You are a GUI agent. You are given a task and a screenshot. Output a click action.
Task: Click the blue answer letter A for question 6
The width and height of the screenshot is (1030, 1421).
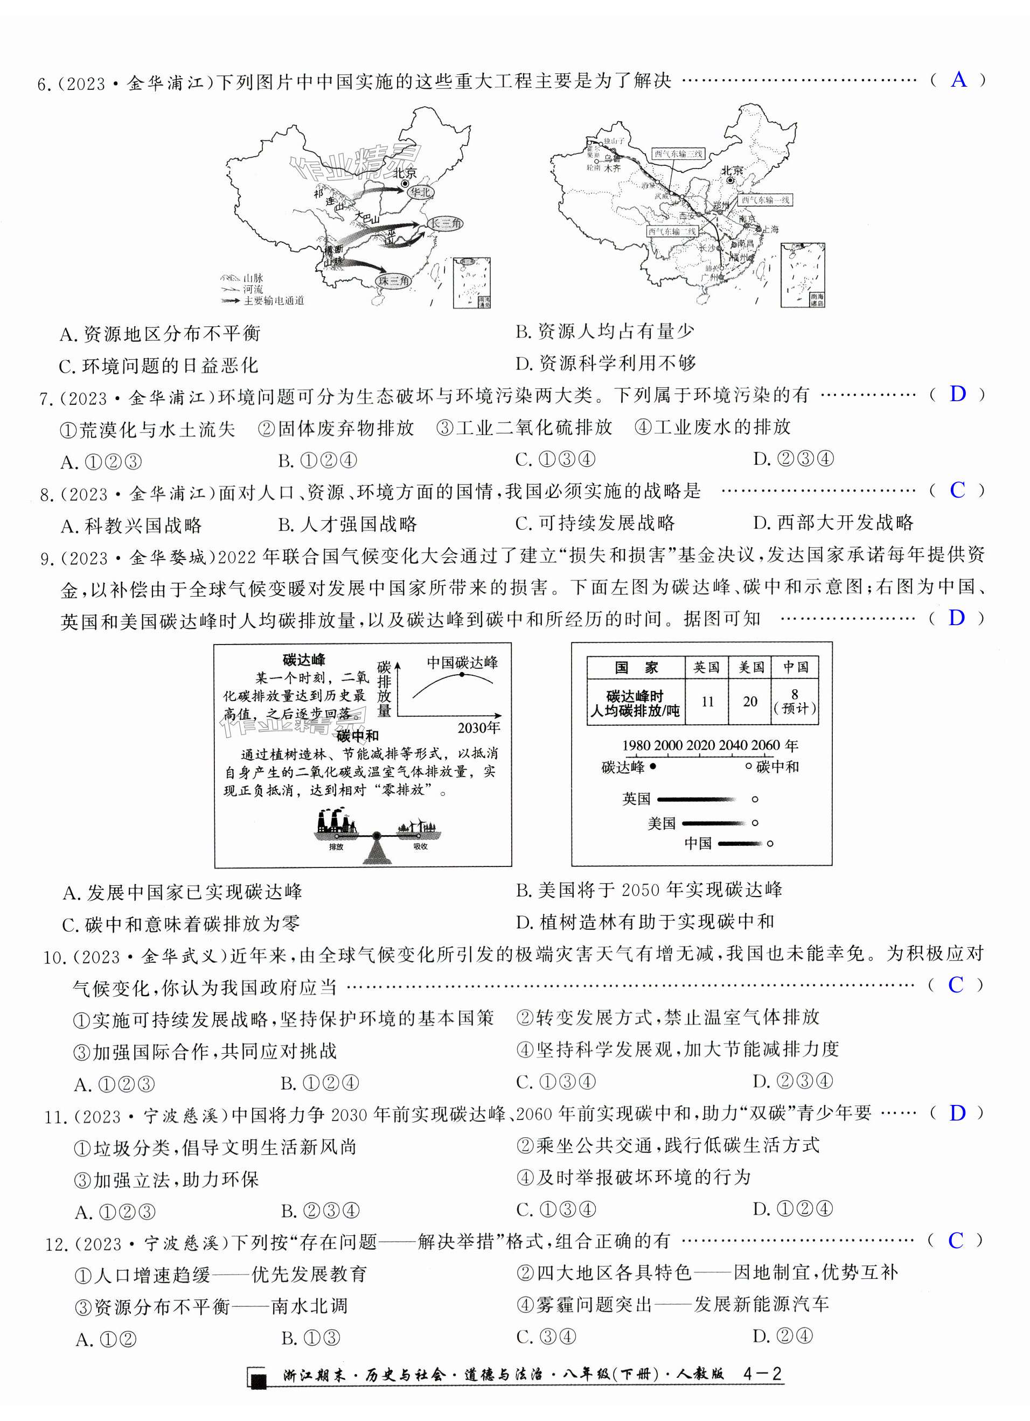tap(958, 80)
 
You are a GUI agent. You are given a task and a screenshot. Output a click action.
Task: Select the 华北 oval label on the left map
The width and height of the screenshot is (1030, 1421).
tap(420, 192)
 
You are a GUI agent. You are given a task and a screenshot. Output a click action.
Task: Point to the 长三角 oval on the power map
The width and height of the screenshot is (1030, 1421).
tap(444, 223)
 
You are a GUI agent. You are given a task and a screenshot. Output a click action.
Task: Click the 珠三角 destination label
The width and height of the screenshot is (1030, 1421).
tap(394, 281)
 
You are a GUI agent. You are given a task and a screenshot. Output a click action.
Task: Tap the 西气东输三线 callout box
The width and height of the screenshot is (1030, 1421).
tap(679, 153)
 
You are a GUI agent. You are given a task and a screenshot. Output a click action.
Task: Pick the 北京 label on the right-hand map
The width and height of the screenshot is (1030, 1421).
tap(732, 170)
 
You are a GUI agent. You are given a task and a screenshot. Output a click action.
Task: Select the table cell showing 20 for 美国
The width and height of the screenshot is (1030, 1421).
tap(750, 702)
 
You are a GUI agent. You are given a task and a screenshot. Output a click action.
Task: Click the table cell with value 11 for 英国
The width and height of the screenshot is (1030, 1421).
tap(707, 702)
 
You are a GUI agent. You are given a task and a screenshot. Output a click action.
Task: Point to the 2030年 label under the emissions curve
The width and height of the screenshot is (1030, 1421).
tap(479, 727)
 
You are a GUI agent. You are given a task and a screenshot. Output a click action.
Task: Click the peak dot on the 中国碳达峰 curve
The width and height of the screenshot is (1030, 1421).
tap(462, 674)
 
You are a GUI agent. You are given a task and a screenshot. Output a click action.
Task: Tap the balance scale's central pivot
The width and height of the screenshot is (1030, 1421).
tap(376, 835)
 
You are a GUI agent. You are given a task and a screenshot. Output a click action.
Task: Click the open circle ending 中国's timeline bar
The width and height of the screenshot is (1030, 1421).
tap(770, 843)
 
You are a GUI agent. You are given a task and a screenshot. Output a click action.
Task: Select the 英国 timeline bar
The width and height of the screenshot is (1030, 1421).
tap(696, 799)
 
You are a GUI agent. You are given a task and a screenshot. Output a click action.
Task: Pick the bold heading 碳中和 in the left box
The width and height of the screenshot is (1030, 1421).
tap(357, 736)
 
